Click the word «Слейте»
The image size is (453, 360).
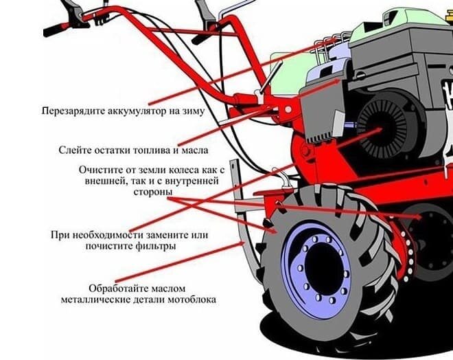click(x=73, y=150)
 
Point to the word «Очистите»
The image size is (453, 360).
click(x=99, y=170)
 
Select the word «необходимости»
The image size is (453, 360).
click(x=106, y=234)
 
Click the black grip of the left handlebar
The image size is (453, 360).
click(x=56, y=30)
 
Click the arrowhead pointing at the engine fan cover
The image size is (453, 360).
click(x=378, y=130)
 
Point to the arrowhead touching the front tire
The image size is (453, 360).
click(x=272, y=231)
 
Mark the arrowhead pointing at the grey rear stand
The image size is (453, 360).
click(x=242, y=244)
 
